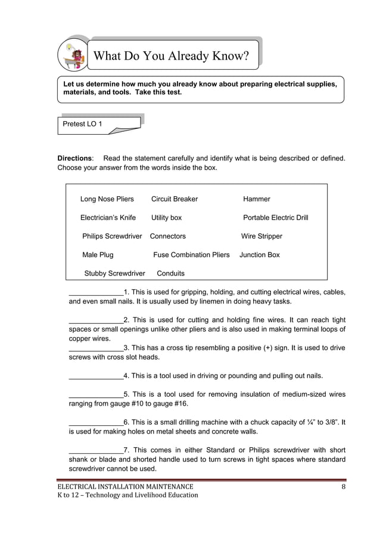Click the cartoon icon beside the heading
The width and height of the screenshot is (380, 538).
pyautogui.click(x=72, y=55)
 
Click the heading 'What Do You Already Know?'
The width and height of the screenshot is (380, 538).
pyautogui.click(x=171, y=57)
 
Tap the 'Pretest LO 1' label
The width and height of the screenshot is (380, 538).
pyautogui.click(x=83, y=123)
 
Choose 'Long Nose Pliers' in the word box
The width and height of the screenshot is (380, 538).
pyautogui.click(x=107, y=199)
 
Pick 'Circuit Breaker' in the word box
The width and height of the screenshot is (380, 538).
pyautogui.click(x=175, y=199)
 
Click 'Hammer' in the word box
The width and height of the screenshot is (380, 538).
pyautogui.click(x=257, y=199)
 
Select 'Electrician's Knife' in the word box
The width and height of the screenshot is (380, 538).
pyautogui.click(x=108, y=218)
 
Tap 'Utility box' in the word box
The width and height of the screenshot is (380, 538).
pyautogui.click(x=167, y=218)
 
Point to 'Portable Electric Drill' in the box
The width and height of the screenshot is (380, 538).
pyautogui.click(x=276, y=218)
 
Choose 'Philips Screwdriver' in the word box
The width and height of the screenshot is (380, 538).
pyautogui.click(x=112, y=236)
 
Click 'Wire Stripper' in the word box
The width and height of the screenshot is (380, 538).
pyautogui.click(x=261, y=236)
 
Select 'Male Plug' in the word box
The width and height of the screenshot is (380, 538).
pyautogui.click(x=98, y=255)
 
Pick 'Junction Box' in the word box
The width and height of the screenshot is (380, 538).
pyautogui.click(x=260, y=255)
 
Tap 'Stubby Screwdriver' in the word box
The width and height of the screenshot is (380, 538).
pyautogui.click(x=114, y=273)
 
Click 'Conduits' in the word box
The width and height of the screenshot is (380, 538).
pyautogui.click(x=170, y=273)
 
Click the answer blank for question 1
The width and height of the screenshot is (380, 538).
pyautogui.click(x=96, y=292)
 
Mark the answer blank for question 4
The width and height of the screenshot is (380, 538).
pyautogui.click(x=96, y=376)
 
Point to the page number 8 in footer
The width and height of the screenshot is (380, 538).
pyautogui.click(x=344, y=487)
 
